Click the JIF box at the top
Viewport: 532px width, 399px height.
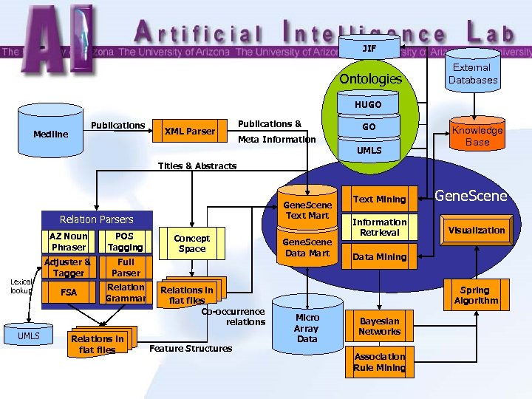click(x=369, y=49)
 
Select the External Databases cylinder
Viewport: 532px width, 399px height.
click(x=473, y=74)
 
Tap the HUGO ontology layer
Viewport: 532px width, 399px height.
click(x=368, y=105)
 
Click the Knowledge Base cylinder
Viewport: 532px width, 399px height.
click(x=477, y=136)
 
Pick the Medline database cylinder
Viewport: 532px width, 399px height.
click(x=50, y=133)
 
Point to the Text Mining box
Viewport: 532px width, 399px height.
click(x=379, y=199)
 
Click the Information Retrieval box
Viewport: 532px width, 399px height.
click(x=379, y=227)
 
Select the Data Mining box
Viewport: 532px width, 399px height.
click(x=379, y=257)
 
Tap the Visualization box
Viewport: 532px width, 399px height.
click(x=477, y=231)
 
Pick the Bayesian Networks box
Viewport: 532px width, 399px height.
click(x=379, y=327)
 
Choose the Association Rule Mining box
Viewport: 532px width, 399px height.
click(x=379, y=362)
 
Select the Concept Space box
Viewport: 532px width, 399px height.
click(x=191, y=244)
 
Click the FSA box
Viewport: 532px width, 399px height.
click(x=69, y=293)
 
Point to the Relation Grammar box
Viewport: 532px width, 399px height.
click(x=126, y=293)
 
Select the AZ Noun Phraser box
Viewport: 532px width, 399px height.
click(x=69, y=241)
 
